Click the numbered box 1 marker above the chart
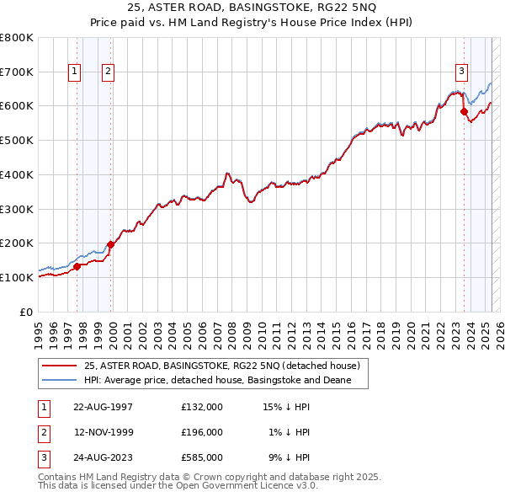point(75,72)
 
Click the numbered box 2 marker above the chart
point(109,72)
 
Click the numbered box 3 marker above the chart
point(462,72)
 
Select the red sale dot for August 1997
point(77,266)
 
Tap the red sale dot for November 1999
point(110,244)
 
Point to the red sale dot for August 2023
point(464,111)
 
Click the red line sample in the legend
point(59,366)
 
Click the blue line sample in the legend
point(59,381)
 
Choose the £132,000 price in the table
point(201,407)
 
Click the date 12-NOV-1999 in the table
point(103,432)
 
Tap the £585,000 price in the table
point(201,458)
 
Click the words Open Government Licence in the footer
point(252,485)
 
